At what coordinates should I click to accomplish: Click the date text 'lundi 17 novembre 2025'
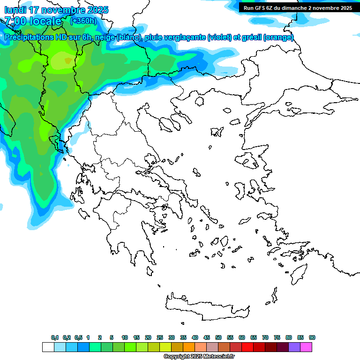56,10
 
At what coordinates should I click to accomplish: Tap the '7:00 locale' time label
33,21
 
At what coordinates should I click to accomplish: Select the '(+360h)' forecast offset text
83,21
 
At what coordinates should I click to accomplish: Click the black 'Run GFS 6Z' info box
298,8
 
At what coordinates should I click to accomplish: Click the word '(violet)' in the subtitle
219,37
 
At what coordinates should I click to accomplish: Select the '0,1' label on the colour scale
55,338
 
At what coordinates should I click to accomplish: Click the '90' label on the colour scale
312,338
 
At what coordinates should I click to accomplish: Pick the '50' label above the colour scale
218,338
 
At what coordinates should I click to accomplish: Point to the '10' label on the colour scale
125,338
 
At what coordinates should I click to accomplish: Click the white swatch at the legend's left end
48,347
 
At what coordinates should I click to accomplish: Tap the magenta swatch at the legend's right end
306,347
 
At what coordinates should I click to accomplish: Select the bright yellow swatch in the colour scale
165,347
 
